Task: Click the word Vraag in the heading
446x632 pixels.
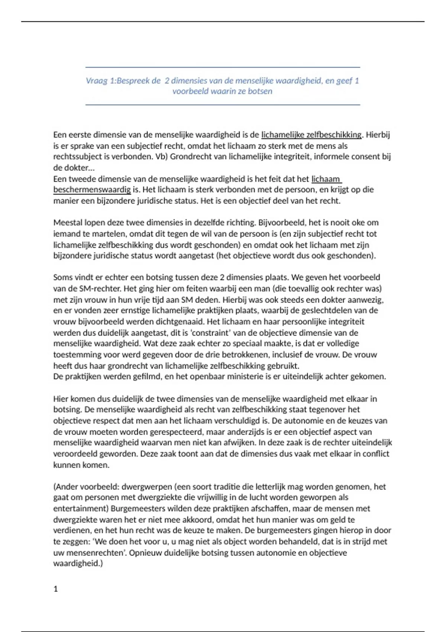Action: (97, 81)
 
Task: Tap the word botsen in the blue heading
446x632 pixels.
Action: (260, 91)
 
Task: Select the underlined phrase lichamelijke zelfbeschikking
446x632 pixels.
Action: (311, 135)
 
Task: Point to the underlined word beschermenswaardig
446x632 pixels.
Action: (92, 190)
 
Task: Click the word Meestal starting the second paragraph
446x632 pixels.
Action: (68, 223)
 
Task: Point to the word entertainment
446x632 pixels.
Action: (80, 509)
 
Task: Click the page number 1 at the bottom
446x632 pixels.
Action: (56, 589)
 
